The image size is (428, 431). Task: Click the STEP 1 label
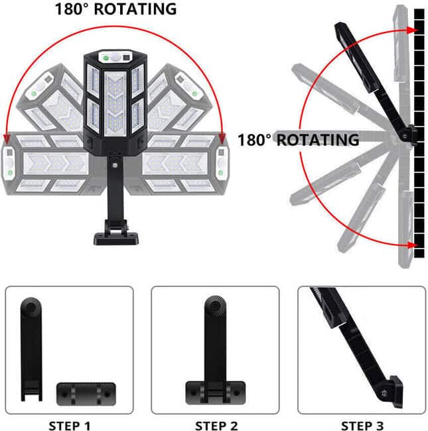[x=70, y=426]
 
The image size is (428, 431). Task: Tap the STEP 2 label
[x=216, y=426]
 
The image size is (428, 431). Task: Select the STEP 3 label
[x=362, y=426]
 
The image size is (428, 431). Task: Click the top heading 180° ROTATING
[x=116, y=9]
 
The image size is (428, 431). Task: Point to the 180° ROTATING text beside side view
[x=299, y=140]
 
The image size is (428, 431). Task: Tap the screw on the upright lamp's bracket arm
[x=114, y=165]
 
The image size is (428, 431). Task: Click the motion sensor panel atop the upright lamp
[x=115, y=58]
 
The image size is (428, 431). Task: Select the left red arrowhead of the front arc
[x=7, y=139]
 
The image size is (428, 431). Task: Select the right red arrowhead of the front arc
[x=222, y=139]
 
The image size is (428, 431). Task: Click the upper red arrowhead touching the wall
[x=411, y=30]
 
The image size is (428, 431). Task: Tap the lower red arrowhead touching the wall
[x=411, y=245]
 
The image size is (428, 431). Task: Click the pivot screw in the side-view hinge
[x=404, y=136]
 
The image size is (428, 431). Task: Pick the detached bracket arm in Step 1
[x=31, y=349]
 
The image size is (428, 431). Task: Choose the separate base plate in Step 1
[x=86, y=394]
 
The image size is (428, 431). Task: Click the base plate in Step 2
[x=216, y=393]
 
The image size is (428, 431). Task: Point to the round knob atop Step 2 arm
[x=216, y=305]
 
